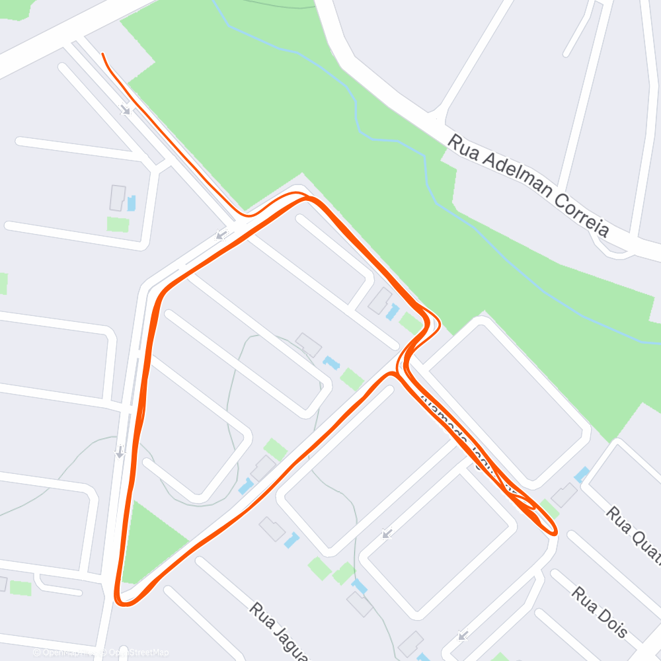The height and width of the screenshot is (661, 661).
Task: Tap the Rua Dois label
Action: pyautogui.click(x=599, y=612)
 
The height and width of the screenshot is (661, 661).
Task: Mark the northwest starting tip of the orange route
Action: pyautogui.click(x=103, y=54)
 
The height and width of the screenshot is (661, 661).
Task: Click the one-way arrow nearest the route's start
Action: pyautogui.click(x=126, y=110)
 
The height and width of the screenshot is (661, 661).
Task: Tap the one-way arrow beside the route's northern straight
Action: pyautogui.click(x=221, y=235)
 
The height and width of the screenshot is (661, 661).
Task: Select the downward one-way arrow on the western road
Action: pyautogui.click(x=120, y=452)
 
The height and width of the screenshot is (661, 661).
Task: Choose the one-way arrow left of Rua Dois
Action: pyautogui.click(x=463, y=636)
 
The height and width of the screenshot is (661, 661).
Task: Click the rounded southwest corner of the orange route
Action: pyautogui.click(x=123, y=599)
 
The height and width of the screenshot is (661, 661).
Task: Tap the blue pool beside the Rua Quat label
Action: pyautogui.click(x=582, y=475)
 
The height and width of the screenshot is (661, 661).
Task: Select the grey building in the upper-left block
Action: pyautogui.click(x=118, y=198)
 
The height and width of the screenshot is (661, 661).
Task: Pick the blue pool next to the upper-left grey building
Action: pyautogui.click(x=132, y=203)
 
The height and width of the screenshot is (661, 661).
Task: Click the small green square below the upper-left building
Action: pyautogui.click(x=118, y=224)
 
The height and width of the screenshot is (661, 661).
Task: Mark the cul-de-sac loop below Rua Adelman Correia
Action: pyautogui.click(x=611, y=246)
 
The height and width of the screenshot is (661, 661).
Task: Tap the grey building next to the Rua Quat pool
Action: pyautogui.click(x=564, y=494)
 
